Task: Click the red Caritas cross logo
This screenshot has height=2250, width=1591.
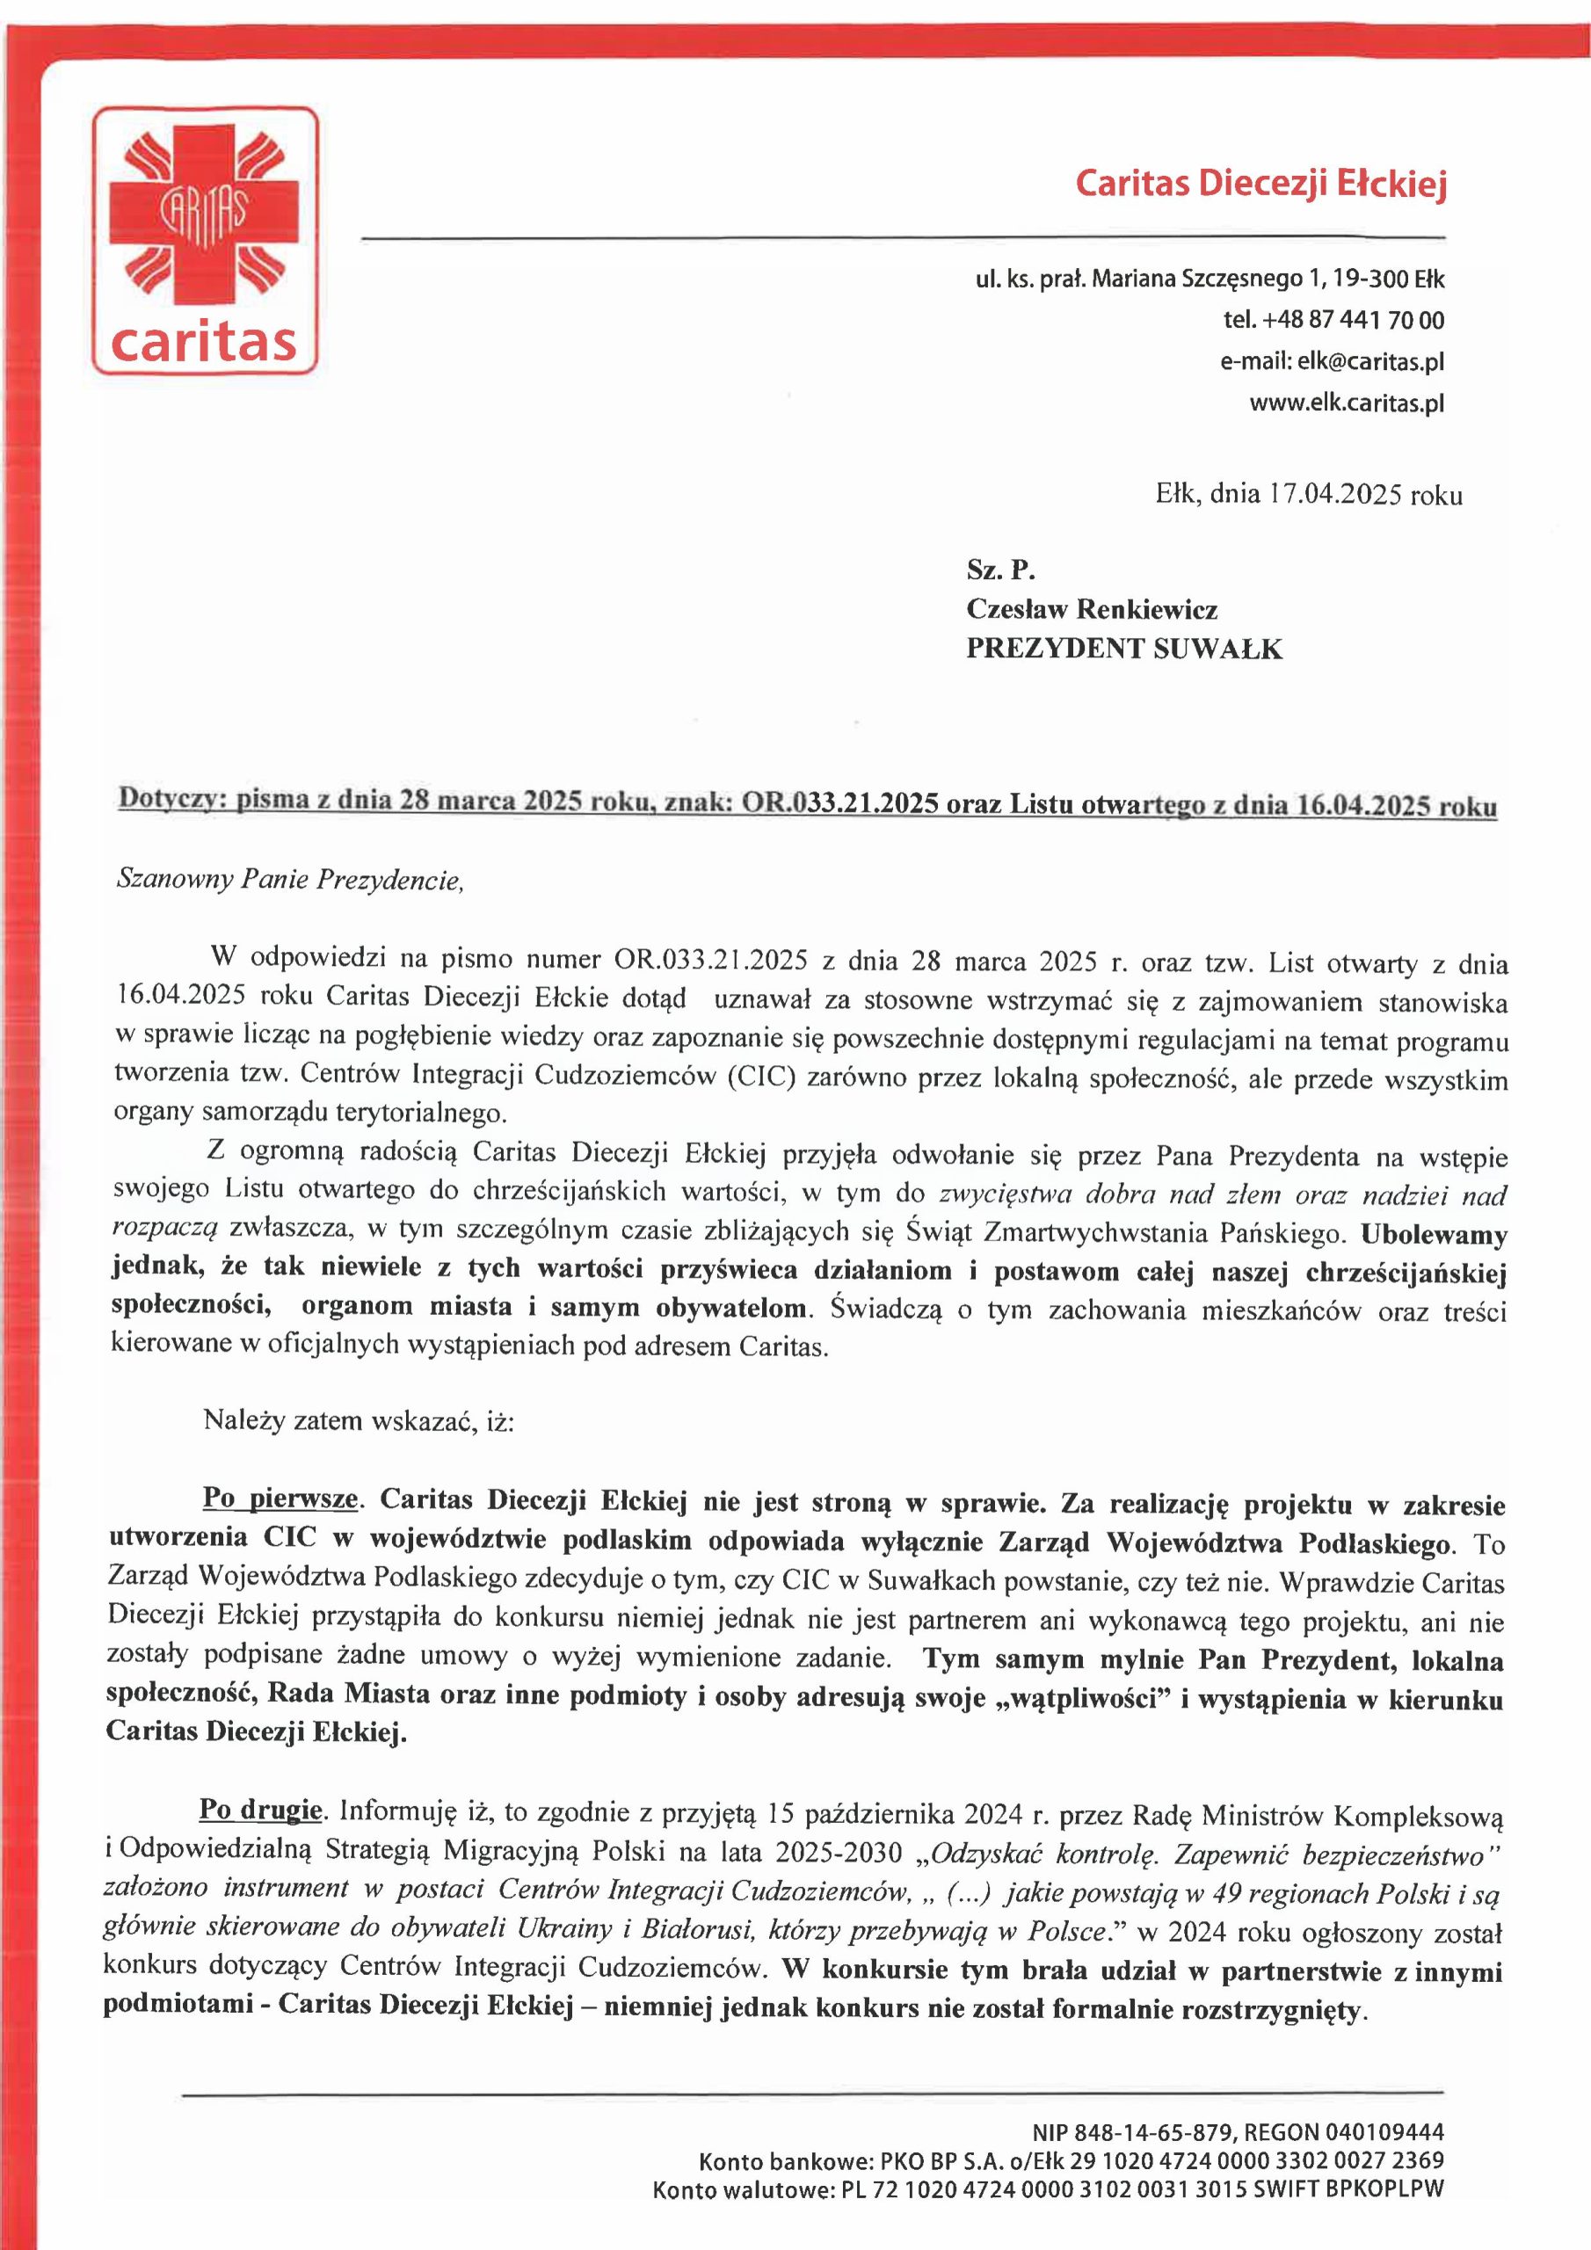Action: [205, 218]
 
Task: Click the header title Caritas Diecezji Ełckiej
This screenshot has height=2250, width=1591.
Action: [1260, 185]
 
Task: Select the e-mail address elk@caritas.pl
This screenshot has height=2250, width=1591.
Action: [1369, 361]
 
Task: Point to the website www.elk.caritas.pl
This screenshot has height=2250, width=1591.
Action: [1346, 403]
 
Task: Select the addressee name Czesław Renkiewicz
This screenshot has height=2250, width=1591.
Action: [1091, 610]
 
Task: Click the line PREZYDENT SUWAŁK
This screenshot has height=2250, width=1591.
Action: [1123, 649]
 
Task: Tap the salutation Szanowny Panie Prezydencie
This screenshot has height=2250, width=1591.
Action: [289, 879]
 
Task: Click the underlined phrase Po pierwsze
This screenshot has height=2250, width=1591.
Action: [280, 1499]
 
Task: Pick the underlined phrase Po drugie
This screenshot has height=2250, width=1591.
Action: [261, 1809]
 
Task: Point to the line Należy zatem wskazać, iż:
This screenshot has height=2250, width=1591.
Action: [358, 1420]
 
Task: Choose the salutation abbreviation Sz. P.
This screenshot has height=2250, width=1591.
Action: [1000, 570]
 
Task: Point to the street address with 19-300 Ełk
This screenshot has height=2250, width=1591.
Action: [1209, 279]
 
